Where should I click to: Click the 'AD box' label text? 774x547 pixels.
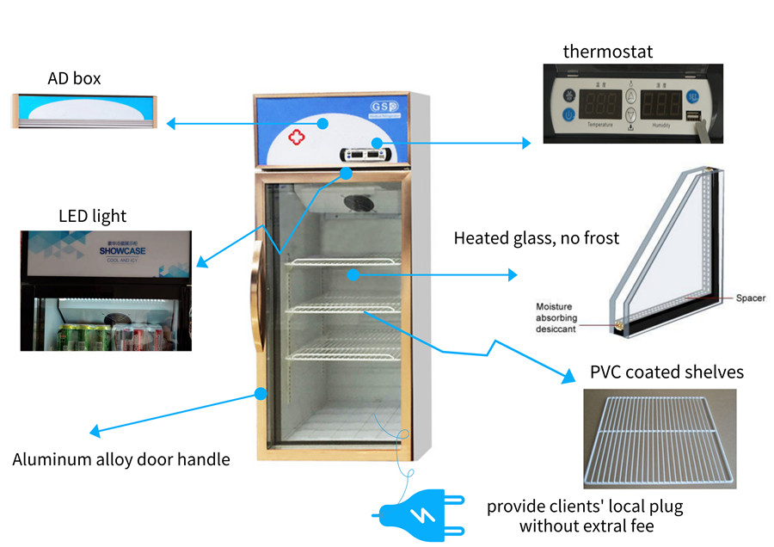click(x=74, y=78)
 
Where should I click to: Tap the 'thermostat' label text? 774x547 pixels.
click(x=607, y=52)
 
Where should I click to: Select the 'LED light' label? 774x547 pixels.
click(x=92, y=215)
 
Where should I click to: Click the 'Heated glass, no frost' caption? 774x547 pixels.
click(x=537, y=238)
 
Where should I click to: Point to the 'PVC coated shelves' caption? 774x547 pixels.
click(x=666, y=372)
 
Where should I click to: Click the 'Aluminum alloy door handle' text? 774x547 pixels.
click(x=121, y=459)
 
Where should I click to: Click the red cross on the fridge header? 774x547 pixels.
click(x=296, y=137)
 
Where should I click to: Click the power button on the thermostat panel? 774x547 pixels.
click(x=568, y=114)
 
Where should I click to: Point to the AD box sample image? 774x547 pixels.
click(x=84, y=110)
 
